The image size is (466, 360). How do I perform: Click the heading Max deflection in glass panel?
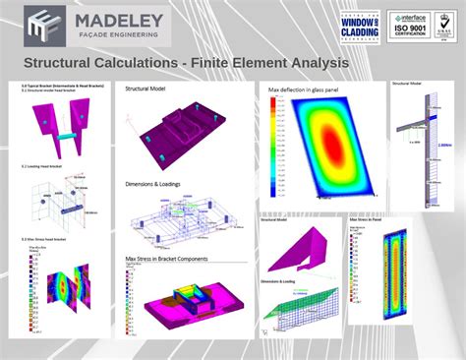pyautogui.click(x=306, y=88)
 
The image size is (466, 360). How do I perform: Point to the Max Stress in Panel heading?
pyautogui.click(x=367, y=220)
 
